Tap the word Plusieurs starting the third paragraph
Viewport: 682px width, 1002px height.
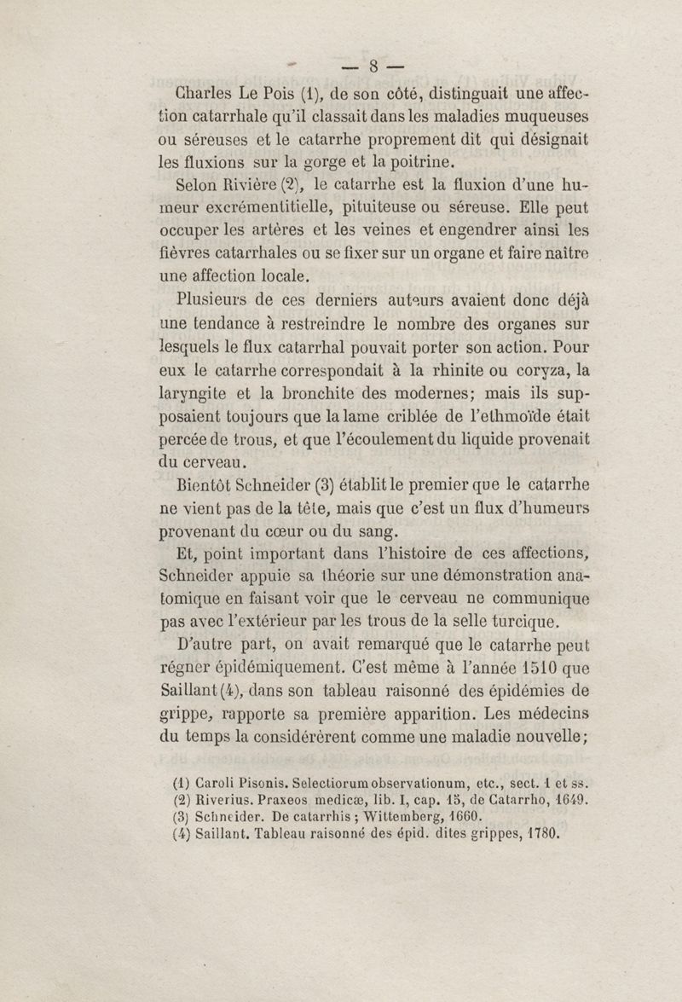click(x=211, y=300)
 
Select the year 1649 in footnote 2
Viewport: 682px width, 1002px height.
click(x=572, y=801)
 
